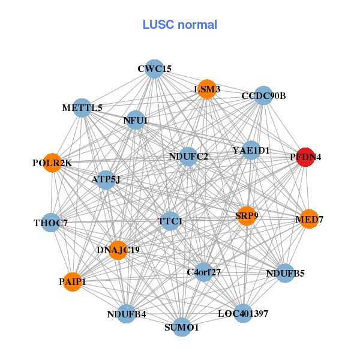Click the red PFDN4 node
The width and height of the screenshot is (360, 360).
tap(306, 157)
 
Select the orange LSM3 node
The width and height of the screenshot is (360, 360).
tap(207, 89)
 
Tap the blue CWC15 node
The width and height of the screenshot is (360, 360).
tap(155, 68)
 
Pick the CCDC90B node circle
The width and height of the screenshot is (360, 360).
tap(263, 96)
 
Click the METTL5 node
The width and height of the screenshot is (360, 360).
tap(82, 108)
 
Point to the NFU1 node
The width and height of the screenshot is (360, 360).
tap(136, 120)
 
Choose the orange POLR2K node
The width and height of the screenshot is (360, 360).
tap(52, 163)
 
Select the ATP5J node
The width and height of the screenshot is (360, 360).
tap(106, 179)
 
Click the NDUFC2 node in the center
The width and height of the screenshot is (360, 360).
tap(188, 157)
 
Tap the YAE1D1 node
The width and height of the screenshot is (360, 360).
tap(251, 150)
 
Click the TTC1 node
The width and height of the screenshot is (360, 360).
tap(170, 221)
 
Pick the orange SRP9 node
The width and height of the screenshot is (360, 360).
tap(247, 215)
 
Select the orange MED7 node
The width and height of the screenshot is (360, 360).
tap(309, 220)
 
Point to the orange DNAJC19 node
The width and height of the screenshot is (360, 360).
tap(118, 249)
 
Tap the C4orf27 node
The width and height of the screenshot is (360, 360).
tap(204, 272)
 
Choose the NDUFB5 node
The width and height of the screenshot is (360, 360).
tap(285, 274)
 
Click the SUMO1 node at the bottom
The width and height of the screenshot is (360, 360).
tap(182, 327)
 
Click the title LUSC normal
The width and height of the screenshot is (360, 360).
tap(180, 25)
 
